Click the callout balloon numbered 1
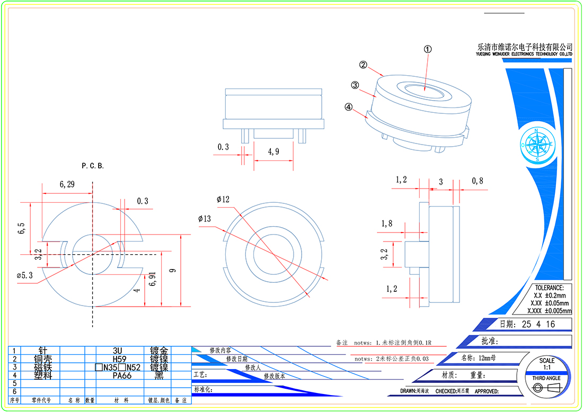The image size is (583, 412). click(428, 49)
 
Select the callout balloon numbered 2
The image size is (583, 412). click(363, 65)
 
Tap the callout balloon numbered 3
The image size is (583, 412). click(355, 85)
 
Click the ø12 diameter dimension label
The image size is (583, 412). click(223, 200)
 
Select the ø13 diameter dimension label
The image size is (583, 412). click(205, 219)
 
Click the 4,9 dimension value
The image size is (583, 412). click(273, 152)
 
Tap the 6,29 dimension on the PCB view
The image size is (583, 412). click(67, 185)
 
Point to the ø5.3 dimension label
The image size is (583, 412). click(25, 275)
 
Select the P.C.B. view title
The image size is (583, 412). click(93, 166)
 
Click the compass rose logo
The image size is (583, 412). click(537, 144)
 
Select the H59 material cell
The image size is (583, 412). click(118, 359)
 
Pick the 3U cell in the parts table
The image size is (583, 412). click(118, 351)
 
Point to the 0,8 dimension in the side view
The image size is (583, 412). click(478, 181)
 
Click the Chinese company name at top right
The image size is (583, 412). click(525, 47)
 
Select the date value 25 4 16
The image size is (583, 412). click(538, 325)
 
